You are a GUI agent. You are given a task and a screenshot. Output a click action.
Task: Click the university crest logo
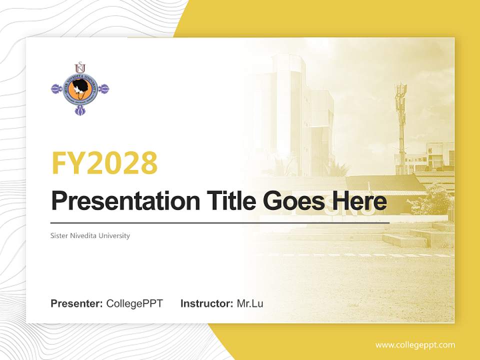coord(80,89)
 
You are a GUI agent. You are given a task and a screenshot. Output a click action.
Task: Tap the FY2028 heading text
coord(104,162)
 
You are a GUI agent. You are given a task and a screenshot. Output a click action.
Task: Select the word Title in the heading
coord(230,201)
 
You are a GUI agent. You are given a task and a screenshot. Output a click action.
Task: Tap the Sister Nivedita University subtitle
coord(90,235)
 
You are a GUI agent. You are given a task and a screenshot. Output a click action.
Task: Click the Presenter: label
coord(77,303)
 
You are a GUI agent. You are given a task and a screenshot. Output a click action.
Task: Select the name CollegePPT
coord(134,303)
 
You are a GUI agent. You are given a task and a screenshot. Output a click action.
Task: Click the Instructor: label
coord(206,303)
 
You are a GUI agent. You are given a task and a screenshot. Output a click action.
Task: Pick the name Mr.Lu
coord(250,303)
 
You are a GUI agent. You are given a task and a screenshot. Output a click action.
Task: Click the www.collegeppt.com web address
coord(415,344)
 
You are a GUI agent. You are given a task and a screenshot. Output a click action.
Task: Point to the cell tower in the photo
coord(400,120)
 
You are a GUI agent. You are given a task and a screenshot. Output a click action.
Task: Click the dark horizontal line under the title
coord(220,223)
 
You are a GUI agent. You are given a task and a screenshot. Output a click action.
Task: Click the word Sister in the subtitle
coord(59,235)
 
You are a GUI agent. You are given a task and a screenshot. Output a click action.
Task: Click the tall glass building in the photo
coord(295,115)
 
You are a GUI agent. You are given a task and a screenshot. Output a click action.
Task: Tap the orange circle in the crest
coord(80,90)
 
